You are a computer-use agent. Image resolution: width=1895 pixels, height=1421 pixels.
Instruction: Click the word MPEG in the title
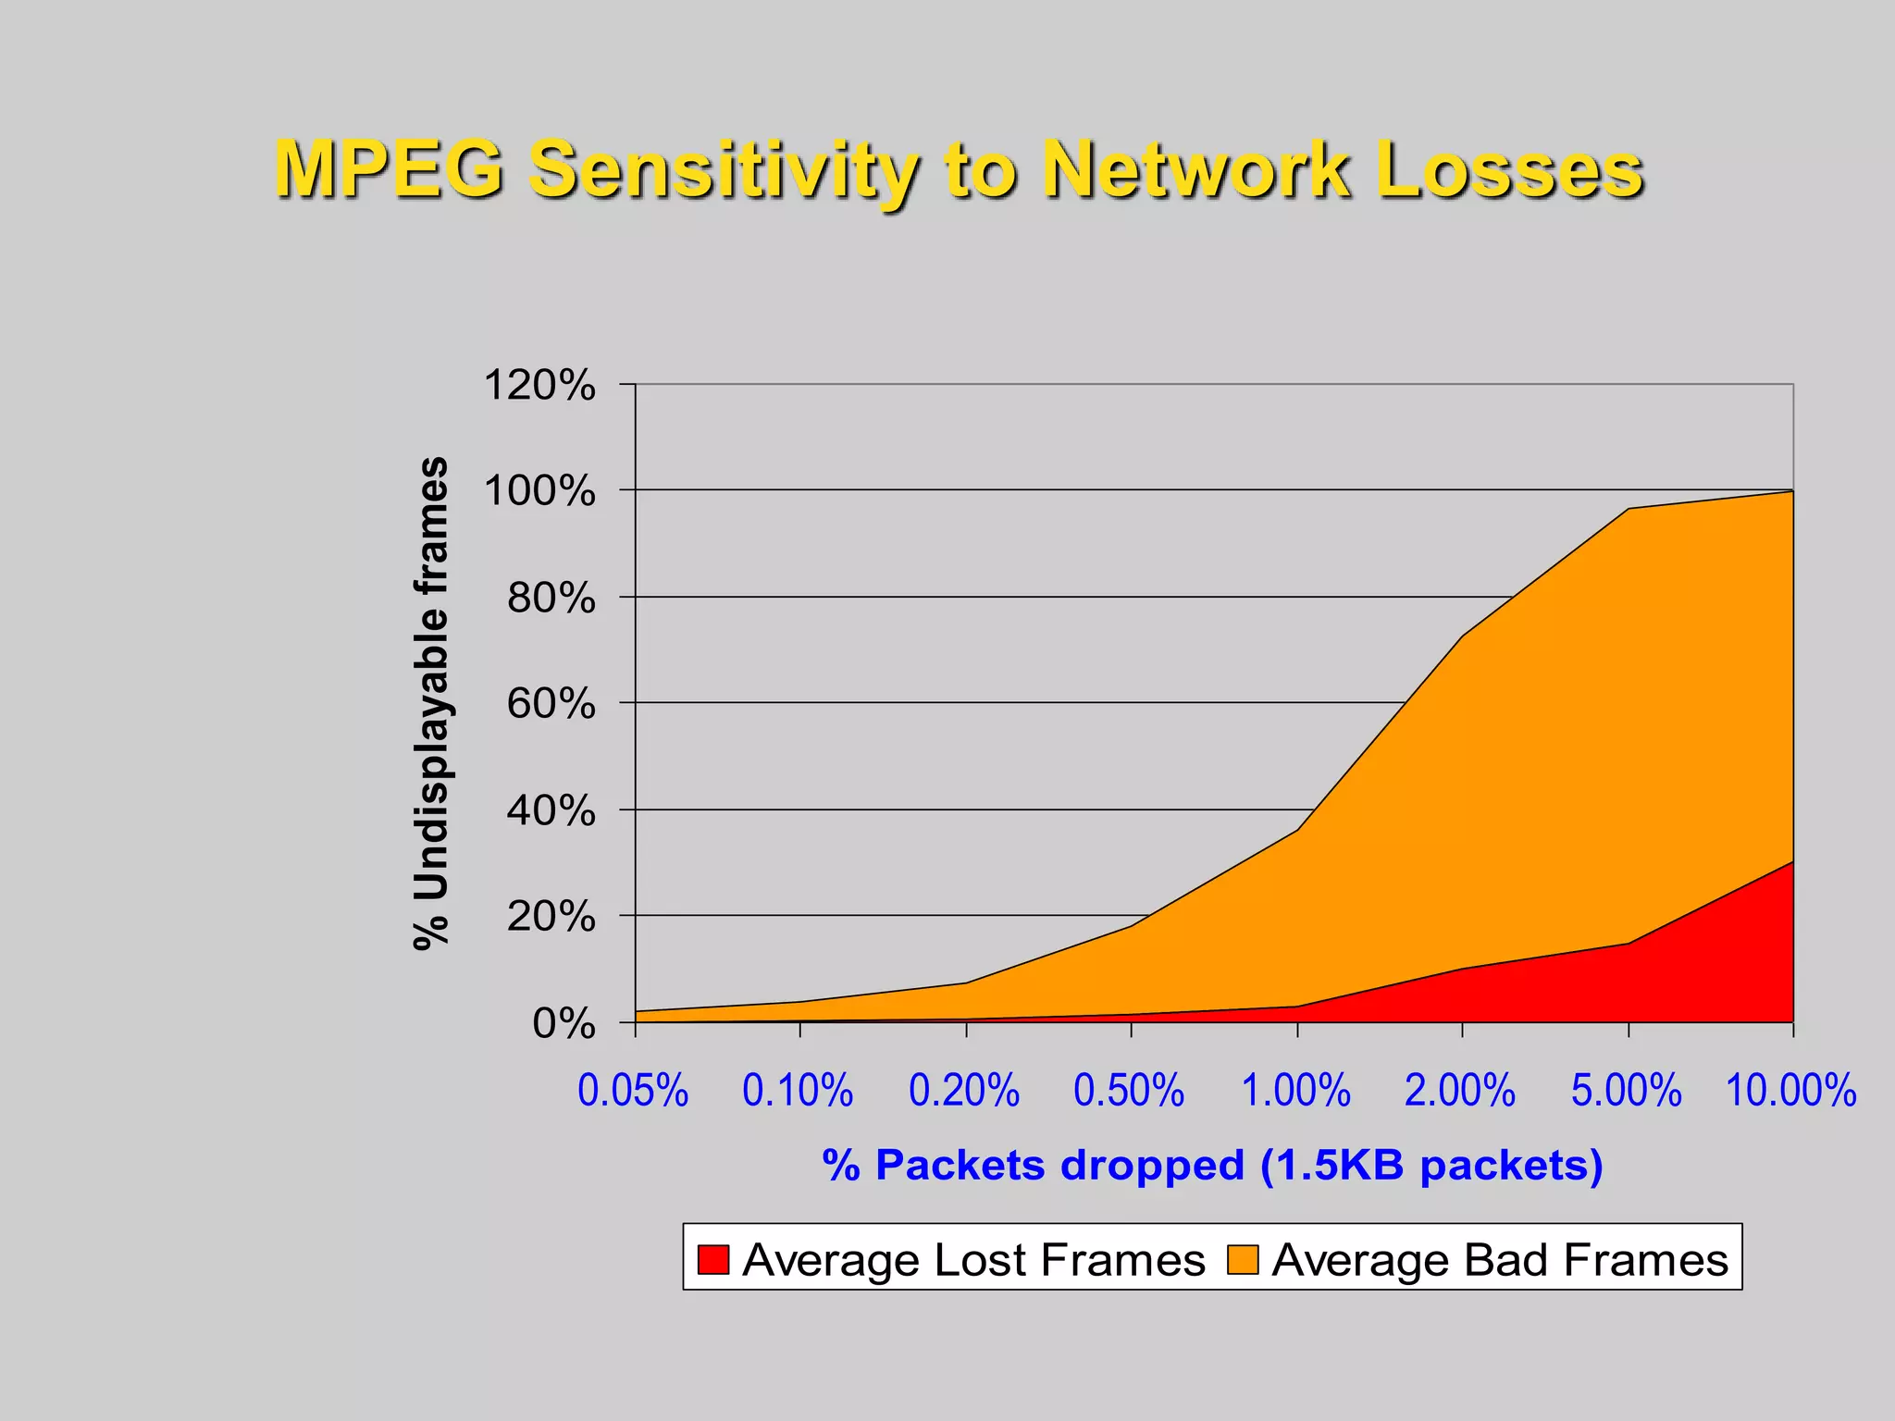pos(390,169)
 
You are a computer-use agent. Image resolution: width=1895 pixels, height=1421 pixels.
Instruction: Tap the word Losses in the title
pos(1509,169)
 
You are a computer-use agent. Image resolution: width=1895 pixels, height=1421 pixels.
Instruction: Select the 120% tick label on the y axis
pos(539,385)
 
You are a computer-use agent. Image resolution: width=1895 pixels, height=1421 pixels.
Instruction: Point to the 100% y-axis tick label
pos(539,491)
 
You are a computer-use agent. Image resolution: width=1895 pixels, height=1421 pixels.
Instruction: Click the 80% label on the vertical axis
pos(551,599)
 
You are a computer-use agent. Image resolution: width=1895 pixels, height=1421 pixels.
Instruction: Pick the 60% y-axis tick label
pos(551,705)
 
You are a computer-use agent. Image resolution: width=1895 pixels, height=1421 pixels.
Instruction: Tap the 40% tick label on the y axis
pos(551,811)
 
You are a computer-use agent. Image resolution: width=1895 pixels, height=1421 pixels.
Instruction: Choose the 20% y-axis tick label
pos(551,918)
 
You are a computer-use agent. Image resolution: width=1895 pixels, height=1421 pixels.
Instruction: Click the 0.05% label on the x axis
pos(633,1090)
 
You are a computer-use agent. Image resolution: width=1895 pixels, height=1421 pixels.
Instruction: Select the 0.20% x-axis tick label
pos(964,1090)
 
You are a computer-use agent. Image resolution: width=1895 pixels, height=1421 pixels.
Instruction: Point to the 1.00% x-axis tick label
pos(1295,1090)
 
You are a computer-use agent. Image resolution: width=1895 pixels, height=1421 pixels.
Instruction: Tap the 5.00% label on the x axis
pos(1627,1090)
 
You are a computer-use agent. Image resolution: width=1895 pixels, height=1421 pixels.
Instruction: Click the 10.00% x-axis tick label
pos(1791,1090)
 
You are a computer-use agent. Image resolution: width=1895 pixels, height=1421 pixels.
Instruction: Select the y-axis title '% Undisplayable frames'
pos(431,703)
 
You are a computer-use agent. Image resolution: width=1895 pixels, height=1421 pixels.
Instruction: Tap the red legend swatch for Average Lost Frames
pos(713,1259)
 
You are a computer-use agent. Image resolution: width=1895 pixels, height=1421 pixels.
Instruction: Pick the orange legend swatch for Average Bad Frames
pos(1243,1259)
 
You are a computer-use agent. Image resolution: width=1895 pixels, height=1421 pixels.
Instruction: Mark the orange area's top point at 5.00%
pos(1628,509)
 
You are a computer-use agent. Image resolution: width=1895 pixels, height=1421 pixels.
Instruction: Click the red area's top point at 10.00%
pos(1792,862)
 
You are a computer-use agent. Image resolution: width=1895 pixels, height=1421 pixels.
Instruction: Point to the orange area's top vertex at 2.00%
pos(1463,636)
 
